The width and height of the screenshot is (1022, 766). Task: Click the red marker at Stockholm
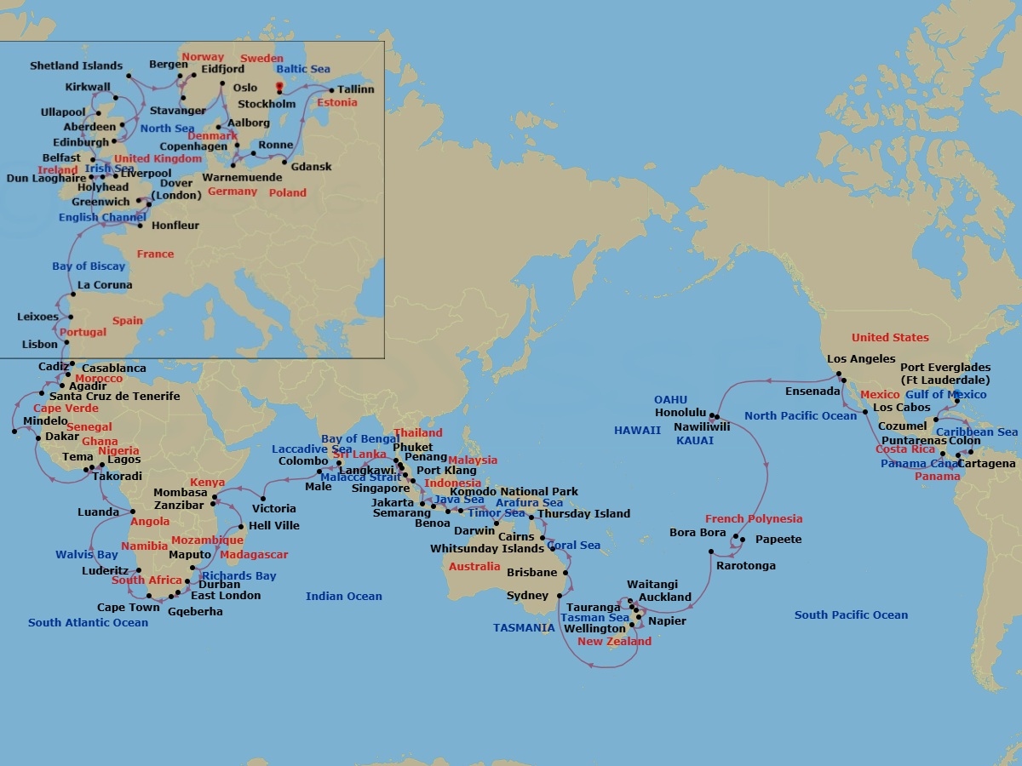[278, 87]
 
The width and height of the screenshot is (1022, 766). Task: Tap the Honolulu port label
[681, 413]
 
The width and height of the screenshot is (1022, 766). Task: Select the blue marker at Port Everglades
[956, 401]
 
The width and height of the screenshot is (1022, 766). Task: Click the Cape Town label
[128, 608]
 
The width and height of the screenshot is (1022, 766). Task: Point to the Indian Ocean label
[343, 597]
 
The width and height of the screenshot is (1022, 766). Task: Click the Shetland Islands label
[76, 66]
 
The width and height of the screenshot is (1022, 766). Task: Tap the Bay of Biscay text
[89, 266]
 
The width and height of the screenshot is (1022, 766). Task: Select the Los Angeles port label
[861, 359]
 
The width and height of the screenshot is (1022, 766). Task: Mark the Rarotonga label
[745, 566]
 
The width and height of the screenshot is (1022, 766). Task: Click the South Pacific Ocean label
[851, 615]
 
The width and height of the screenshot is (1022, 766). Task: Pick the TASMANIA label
[524, 628]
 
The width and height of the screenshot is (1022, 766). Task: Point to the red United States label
[890, 338]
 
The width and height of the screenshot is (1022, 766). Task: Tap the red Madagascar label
[254, 555]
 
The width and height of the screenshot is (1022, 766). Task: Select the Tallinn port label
[355, 89]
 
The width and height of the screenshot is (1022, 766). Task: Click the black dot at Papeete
[744, 540]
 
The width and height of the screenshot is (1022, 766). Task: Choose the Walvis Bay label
[87, 555]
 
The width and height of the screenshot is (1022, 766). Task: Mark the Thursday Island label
[583, 514]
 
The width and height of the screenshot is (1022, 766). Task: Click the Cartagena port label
[986, 464]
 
